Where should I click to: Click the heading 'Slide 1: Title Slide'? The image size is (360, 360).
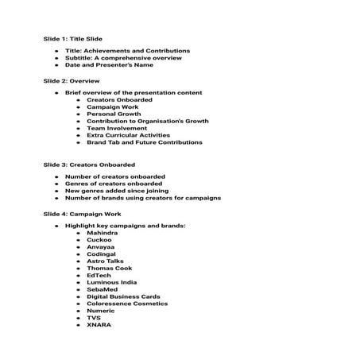tap(73, 37)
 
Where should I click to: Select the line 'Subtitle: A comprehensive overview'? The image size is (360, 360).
tap(123, 58)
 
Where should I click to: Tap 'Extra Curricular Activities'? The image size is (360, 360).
tap(130, 136)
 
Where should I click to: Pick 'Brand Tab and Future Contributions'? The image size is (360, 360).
tap(144, 143)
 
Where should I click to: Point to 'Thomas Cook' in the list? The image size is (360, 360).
tap(107, 268)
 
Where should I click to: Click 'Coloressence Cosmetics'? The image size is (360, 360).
tap(127, 303)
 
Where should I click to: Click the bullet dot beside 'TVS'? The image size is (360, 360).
tap(79, 318)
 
